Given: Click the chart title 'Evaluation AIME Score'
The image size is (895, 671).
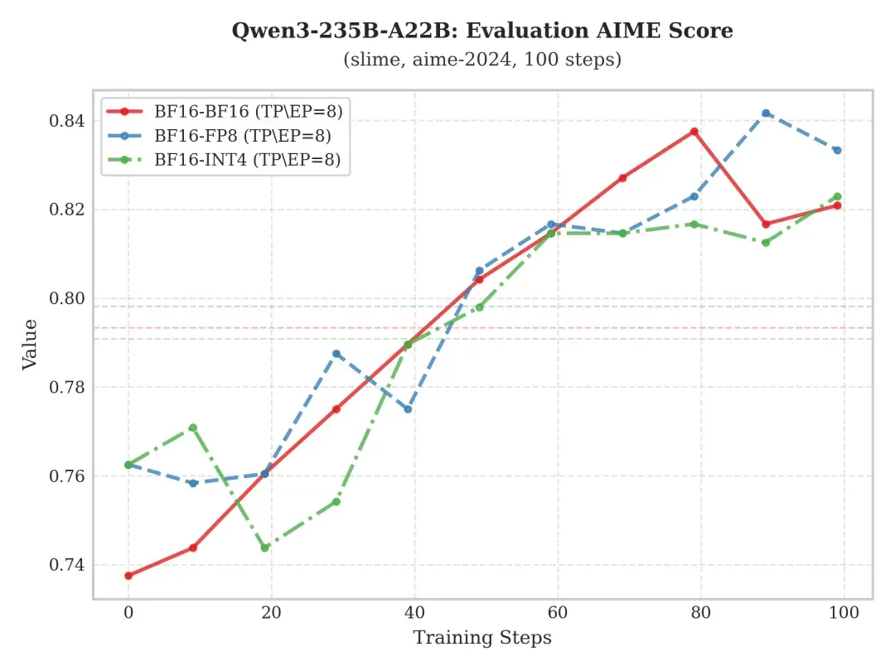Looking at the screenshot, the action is [x=599, y=31].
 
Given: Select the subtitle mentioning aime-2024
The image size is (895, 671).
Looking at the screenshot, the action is [x=482, y=60].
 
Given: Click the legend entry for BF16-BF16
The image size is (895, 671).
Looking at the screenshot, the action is [x=225, y=111].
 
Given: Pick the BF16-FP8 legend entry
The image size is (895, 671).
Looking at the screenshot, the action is [x=219, y=136].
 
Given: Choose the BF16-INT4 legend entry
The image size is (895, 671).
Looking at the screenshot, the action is [x=224, y=160].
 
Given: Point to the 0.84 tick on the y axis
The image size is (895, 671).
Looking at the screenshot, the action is [x=67, y=121].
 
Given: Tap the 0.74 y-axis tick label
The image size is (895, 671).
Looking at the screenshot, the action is [x=67, y=565].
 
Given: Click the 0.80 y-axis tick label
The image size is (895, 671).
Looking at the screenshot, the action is [x=67, y=298].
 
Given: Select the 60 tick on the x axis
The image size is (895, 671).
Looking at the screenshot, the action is [x=558, y=613].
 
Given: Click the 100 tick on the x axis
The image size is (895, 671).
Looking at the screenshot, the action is [x=844, y=613].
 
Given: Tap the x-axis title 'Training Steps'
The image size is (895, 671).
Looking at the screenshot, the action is [x=482, y=638].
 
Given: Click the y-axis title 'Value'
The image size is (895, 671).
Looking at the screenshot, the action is [x=30, y=345].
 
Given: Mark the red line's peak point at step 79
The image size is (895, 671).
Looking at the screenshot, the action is [x=694, y=132].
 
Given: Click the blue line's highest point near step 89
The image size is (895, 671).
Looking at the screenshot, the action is [x=766, y=113].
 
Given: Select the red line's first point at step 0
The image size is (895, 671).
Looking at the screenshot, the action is [x=128, y=576].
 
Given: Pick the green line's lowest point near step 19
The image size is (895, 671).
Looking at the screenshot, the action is [x=265, y=548].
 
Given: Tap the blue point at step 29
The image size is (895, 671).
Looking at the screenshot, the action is [x=336, y=354].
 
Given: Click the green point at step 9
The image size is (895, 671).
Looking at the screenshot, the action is [x=193, y=427].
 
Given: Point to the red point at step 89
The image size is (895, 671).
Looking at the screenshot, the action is [x=766, y=224].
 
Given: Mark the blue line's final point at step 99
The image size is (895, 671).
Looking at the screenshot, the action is [x=837, y=150].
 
